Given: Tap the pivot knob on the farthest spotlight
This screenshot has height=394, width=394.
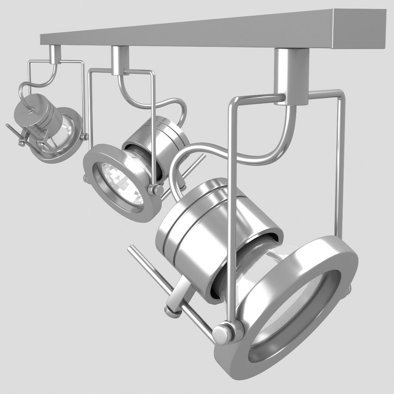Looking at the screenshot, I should click(84, 137).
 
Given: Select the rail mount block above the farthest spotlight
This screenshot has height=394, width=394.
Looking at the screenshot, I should click(55, 54).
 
